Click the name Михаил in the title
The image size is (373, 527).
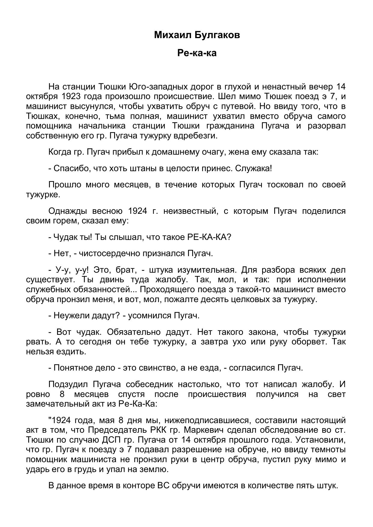coord(172,35)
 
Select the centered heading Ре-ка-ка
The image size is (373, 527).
coord(197,53)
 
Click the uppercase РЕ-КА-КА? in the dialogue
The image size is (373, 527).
coord(209,237)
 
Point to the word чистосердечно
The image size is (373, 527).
coord(106,253)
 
